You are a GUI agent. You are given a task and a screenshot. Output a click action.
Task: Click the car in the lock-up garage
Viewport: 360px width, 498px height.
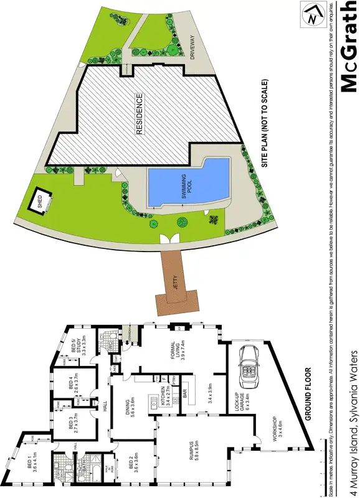click(250, 365)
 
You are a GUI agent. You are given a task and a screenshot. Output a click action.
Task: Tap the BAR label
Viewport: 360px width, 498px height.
click(185, 394)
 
